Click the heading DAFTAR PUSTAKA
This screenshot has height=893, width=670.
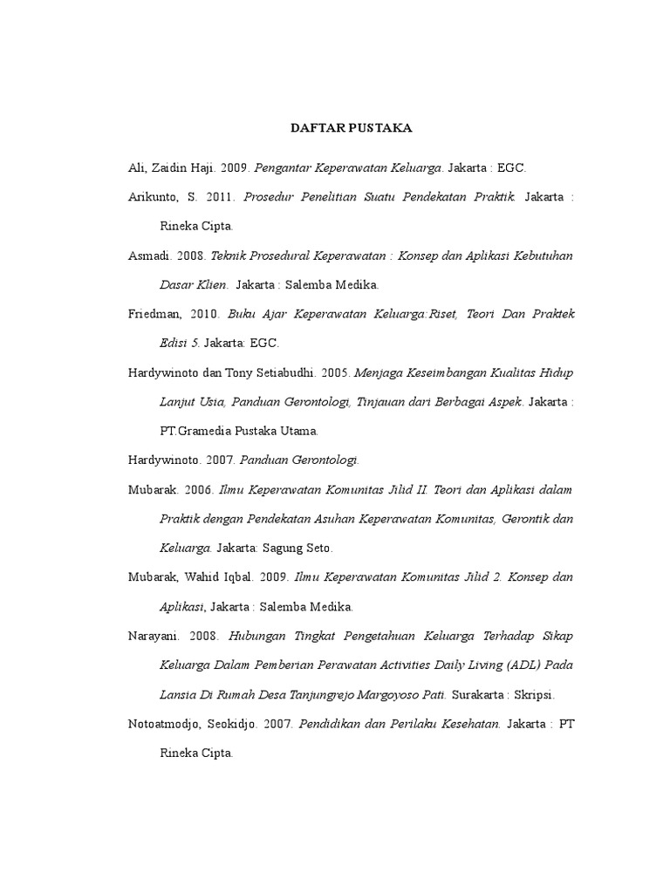click(x=351, y=128)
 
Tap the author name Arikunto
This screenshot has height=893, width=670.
click(x=154, y=197)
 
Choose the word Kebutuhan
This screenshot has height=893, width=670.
click(x=544, y=256)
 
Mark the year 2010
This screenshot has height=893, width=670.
click(x=202, y=314)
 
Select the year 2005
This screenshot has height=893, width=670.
click(x=335, y=372)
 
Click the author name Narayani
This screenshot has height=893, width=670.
click(x=153, y=636)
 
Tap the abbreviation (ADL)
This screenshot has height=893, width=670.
click(x=519, y=665)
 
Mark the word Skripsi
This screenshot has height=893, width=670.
click(x=536, y=695)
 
